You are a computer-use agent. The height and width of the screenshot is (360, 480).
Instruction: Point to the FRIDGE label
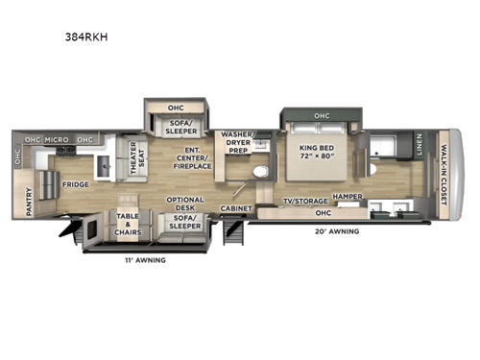pos(76,183)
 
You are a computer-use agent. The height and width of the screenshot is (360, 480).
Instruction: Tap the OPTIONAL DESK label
pos(186,203)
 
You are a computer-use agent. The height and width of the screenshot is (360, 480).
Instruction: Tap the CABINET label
pos(236,207)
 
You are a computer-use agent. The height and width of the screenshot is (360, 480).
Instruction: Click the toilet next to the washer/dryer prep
pos(256,172)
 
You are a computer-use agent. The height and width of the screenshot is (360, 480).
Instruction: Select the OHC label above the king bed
pos(320,117)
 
